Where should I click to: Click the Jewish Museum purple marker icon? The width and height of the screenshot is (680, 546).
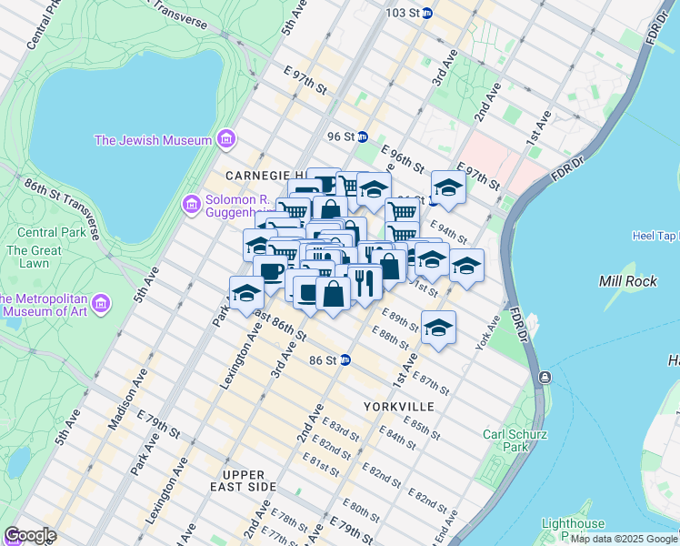coord(226,139)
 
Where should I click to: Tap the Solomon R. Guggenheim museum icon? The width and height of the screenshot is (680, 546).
coord(191,204)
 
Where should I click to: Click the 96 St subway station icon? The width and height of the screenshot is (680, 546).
coord(362,136)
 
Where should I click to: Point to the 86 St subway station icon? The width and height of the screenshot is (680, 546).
coord(345,360)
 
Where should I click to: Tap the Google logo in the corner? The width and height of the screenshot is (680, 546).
coord(30,534)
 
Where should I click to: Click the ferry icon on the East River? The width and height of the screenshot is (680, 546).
coord(544,377)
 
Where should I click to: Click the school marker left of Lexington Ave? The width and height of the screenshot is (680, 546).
coord(245,292)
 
